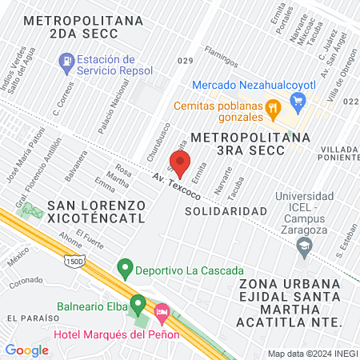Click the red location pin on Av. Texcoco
click(180, 161)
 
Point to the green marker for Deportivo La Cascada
click(124, 266)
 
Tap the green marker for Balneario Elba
click(138, 305)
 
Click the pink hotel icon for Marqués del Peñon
click(162, 310)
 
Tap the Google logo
click(26, 350)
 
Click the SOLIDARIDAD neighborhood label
click(225, 210)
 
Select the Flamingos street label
click(221, 57)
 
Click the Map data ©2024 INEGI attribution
click(312, 354)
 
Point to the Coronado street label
click(26, 282)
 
